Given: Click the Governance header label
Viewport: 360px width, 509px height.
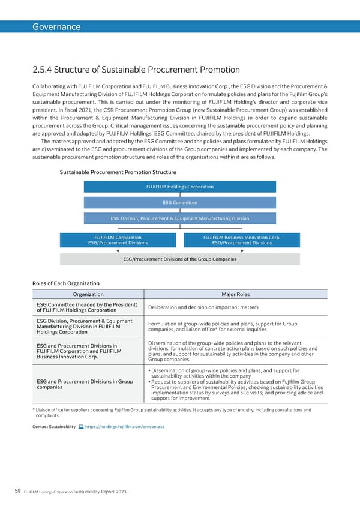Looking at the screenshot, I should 56,27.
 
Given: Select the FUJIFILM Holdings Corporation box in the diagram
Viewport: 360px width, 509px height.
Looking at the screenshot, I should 180,187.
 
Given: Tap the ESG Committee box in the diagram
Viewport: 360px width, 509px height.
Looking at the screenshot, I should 180,203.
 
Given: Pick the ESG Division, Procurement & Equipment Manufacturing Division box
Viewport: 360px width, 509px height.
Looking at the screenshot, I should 180,218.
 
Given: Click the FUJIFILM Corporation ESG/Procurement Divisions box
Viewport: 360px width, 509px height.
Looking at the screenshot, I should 118,240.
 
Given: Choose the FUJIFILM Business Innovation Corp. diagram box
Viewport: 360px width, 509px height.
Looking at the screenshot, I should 242,240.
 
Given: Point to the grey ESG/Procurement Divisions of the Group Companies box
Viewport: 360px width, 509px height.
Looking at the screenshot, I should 180,259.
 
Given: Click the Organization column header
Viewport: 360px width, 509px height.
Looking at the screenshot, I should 88,294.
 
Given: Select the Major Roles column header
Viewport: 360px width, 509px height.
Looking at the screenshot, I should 236,294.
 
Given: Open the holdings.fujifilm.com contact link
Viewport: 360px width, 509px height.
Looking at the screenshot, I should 125,426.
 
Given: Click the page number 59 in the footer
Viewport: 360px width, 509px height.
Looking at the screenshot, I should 19,492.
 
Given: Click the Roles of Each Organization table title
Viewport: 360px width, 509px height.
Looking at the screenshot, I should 66,283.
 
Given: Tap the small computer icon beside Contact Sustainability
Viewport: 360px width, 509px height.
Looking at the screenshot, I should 81,426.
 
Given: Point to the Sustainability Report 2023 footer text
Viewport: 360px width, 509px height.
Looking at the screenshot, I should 101,492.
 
